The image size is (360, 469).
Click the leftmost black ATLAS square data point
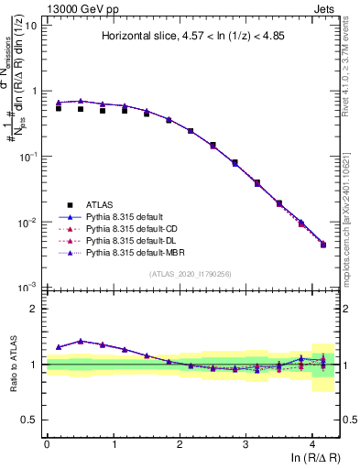click(59, 108)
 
